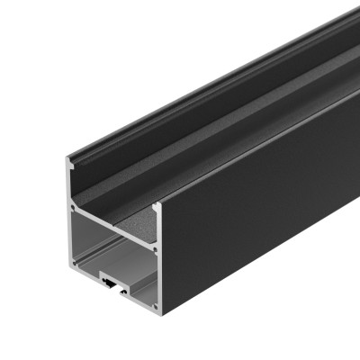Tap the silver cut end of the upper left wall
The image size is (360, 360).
[x=70, y=184]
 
